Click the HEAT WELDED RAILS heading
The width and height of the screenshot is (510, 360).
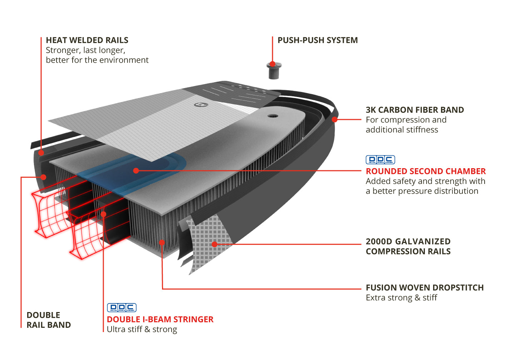87,40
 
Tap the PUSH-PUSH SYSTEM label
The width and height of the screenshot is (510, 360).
318,40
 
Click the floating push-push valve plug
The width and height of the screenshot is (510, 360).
274,70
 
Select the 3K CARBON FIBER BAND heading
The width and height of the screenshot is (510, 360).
415,110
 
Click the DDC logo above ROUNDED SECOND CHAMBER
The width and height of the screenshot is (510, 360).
380,160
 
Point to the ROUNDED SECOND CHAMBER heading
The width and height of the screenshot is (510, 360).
426,171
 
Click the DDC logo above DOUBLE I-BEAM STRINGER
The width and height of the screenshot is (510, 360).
122,307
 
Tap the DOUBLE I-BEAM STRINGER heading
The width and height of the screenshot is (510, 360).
160,319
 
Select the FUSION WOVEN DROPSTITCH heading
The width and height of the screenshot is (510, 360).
425,288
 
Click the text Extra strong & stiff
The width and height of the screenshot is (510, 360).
401,298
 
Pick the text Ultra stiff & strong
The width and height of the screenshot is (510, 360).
142,329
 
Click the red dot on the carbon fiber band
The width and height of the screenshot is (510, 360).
334,120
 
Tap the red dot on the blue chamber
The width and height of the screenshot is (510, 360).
136,171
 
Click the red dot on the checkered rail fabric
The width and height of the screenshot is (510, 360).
215,244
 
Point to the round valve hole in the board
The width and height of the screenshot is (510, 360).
273,116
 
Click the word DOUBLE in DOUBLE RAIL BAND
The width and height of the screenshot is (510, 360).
43,315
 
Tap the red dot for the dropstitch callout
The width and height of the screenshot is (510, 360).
162,243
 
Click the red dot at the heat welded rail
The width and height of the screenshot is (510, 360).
41,152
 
